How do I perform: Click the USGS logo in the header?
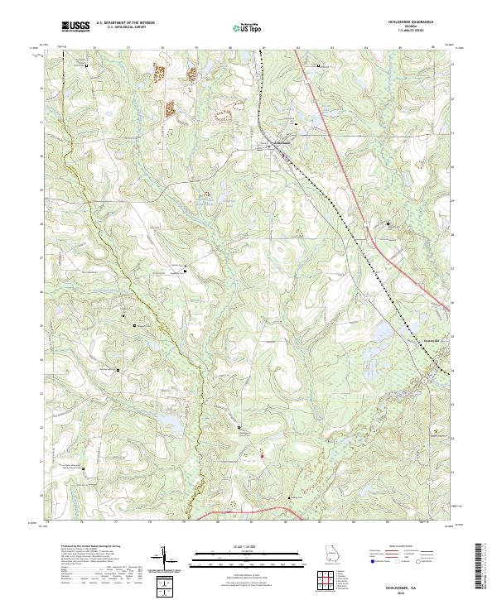click(x=75, y=27)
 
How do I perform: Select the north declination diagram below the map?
click(x=166, y=559)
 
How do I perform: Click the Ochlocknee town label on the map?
click(x=282, y=142)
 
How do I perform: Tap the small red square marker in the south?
click(x=262, y=455)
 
